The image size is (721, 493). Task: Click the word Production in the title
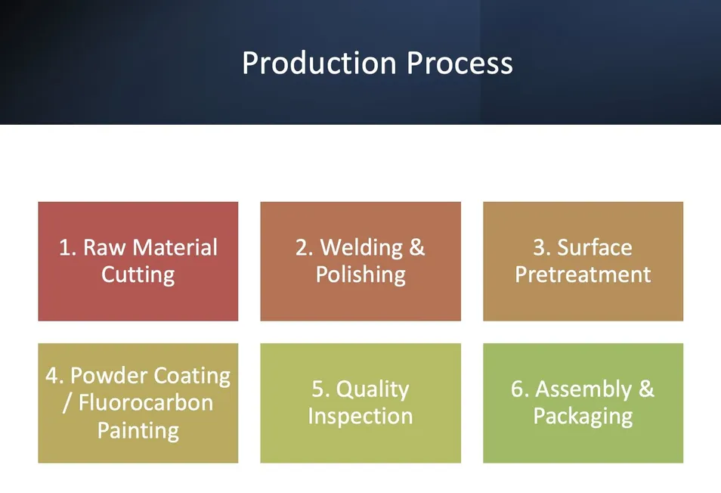coord(319,63)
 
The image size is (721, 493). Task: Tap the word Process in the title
coord(460,63)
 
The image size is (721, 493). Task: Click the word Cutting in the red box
coord(138,274)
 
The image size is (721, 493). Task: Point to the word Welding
coord(361,247)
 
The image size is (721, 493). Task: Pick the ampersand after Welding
coord(416,247)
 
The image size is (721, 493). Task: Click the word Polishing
coord(360,274)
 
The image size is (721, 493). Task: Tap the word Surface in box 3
coord(595,247)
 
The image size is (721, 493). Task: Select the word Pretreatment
coord(583,274)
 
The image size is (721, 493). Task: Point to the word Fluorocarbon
coord(146,403)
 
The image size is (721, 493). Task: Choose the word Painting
coord(138,431)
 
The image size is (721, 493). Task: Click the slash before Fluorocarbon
coord(67,403)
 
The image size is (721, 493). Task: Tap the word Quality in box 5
coord(373,389)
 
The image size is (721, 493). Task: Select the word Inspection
coord(360,416)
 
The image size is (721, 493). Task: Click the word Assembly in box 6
coord(583,389)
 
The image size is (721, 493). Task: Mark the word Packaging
coord(583,416)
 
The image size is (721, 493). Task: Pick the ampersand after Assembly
coord(646,389)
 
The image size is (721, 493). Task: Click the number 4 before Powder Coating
coord(52,375)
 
